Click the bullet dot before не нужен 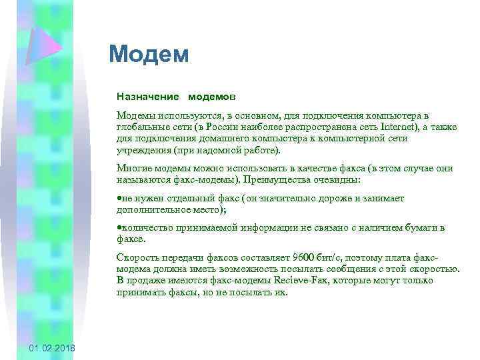pyautogui.click(x=119, y=199)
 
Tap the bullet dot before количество pyautogui.click(x=119, y=228)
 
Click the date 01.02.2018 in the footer pyautogui.click(x=53, y=349)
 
